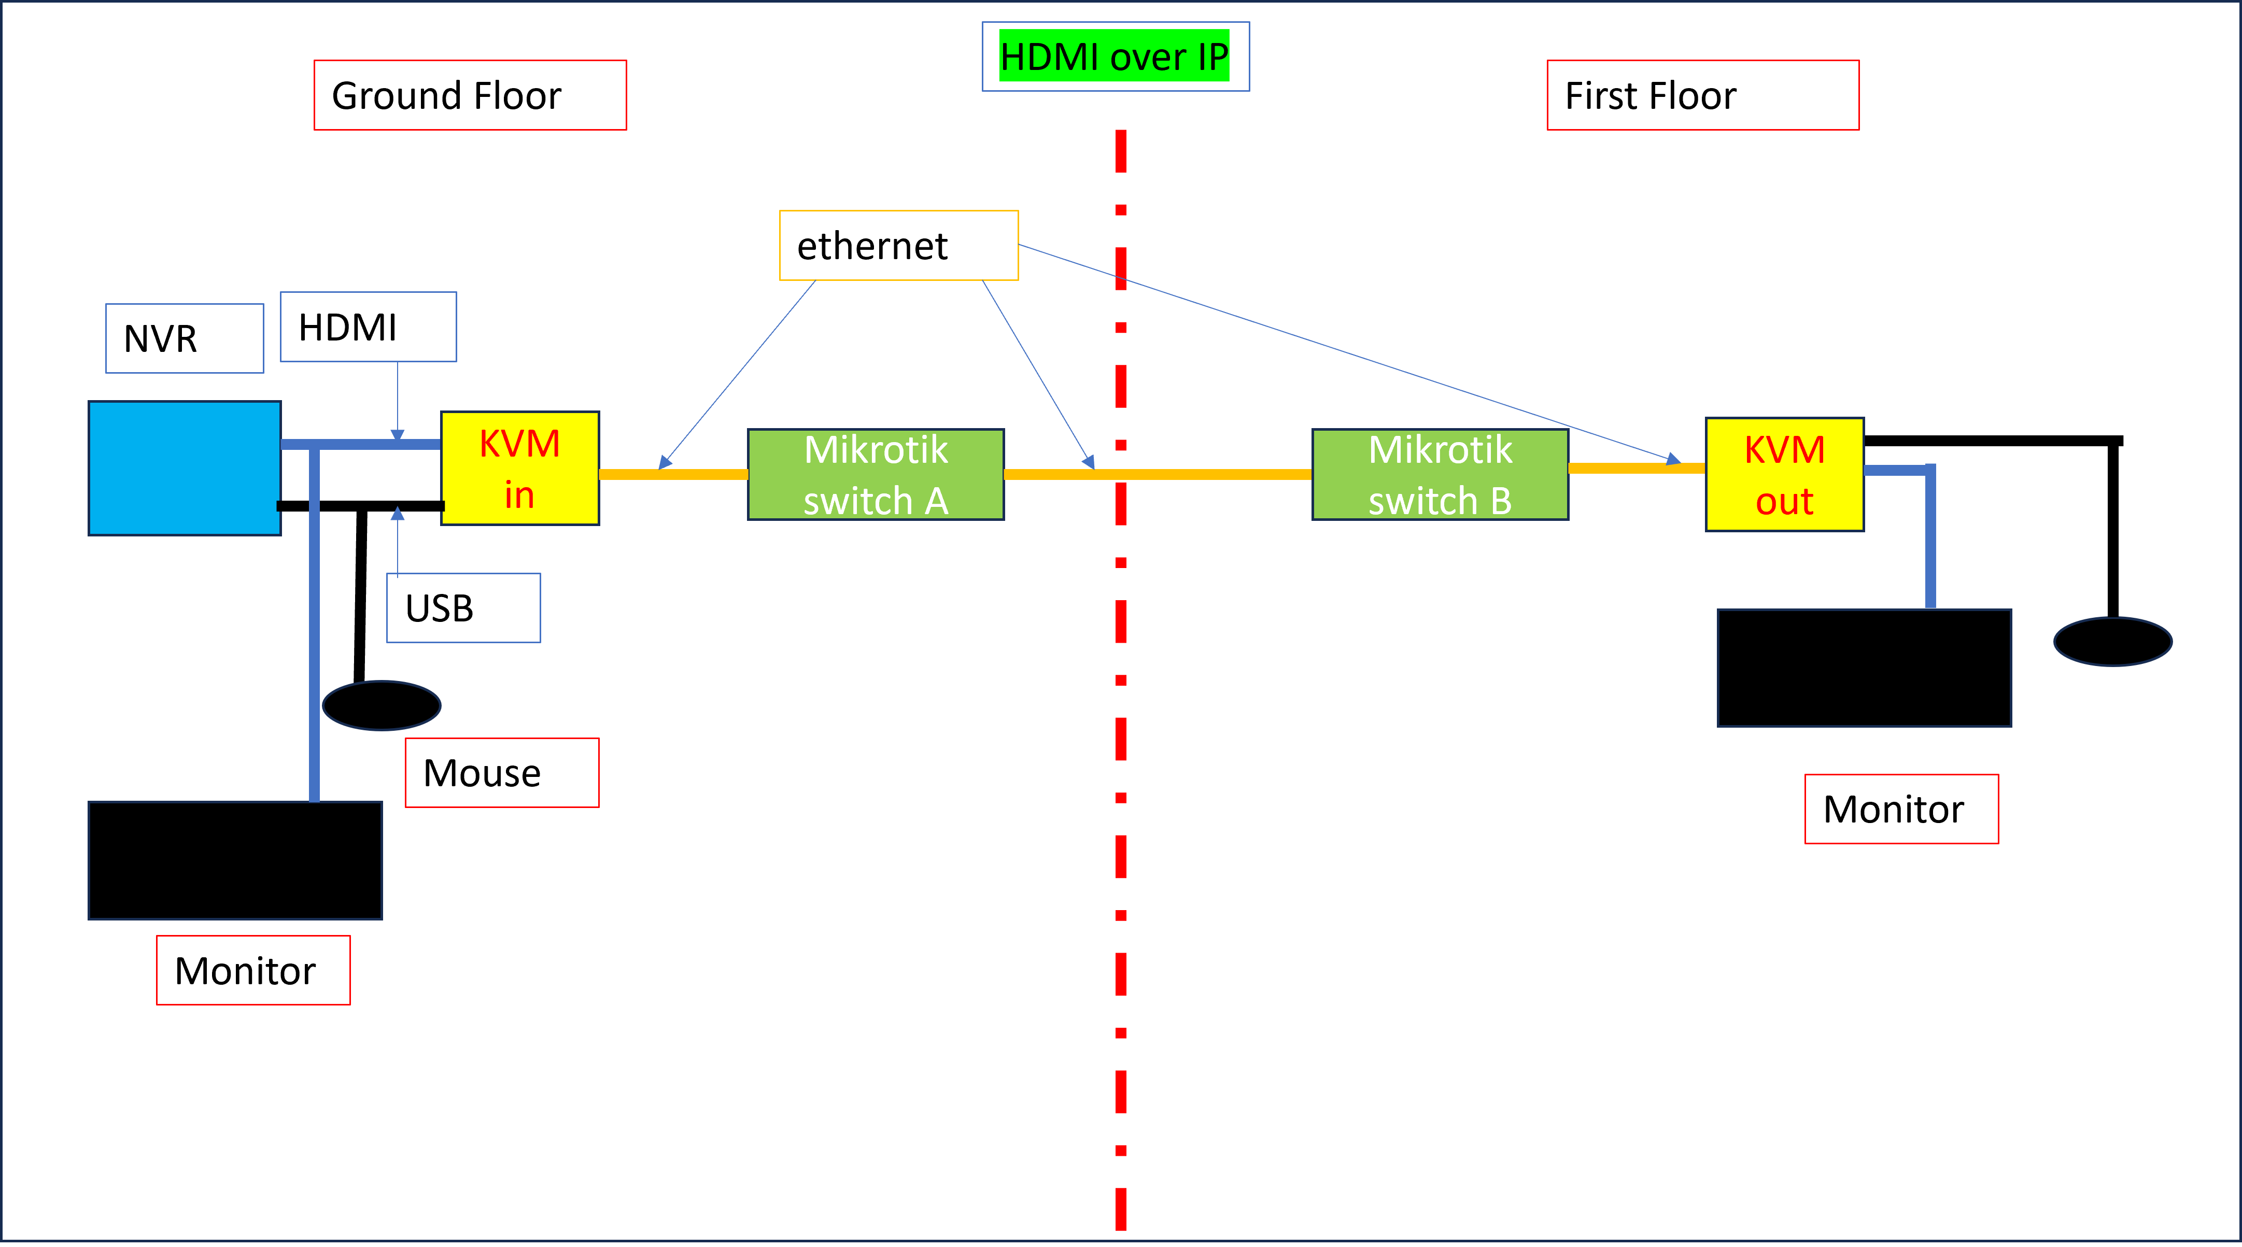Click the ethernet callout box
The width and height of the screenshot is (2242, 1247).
[898, 245]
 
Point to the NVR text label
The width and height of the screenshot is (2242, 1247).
[185, 338]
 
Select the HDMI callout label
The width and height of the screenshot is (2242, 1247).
[368, 327]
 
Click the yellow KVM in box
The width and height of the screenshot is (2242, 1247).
[519, 468]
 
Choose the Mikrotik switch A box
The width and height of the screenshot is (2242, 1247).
[876, 474]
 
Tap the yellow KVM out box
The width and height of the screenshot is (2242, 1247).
[1784, 474]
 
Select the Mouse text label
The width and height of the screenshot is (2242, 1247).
[501, 773]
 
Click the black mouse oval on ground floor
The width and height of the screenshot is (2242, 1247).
[381, 705]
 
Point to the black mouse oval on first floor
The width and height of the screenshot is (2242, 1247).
[2112, 641]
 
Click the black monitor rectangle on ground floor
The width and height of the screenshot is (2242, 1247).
[235, 860]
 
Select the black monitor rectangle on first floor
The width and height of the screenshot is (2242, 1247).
[1864, 668]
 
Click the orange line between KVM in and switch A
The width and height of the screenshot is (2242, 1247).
[673, 474]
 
